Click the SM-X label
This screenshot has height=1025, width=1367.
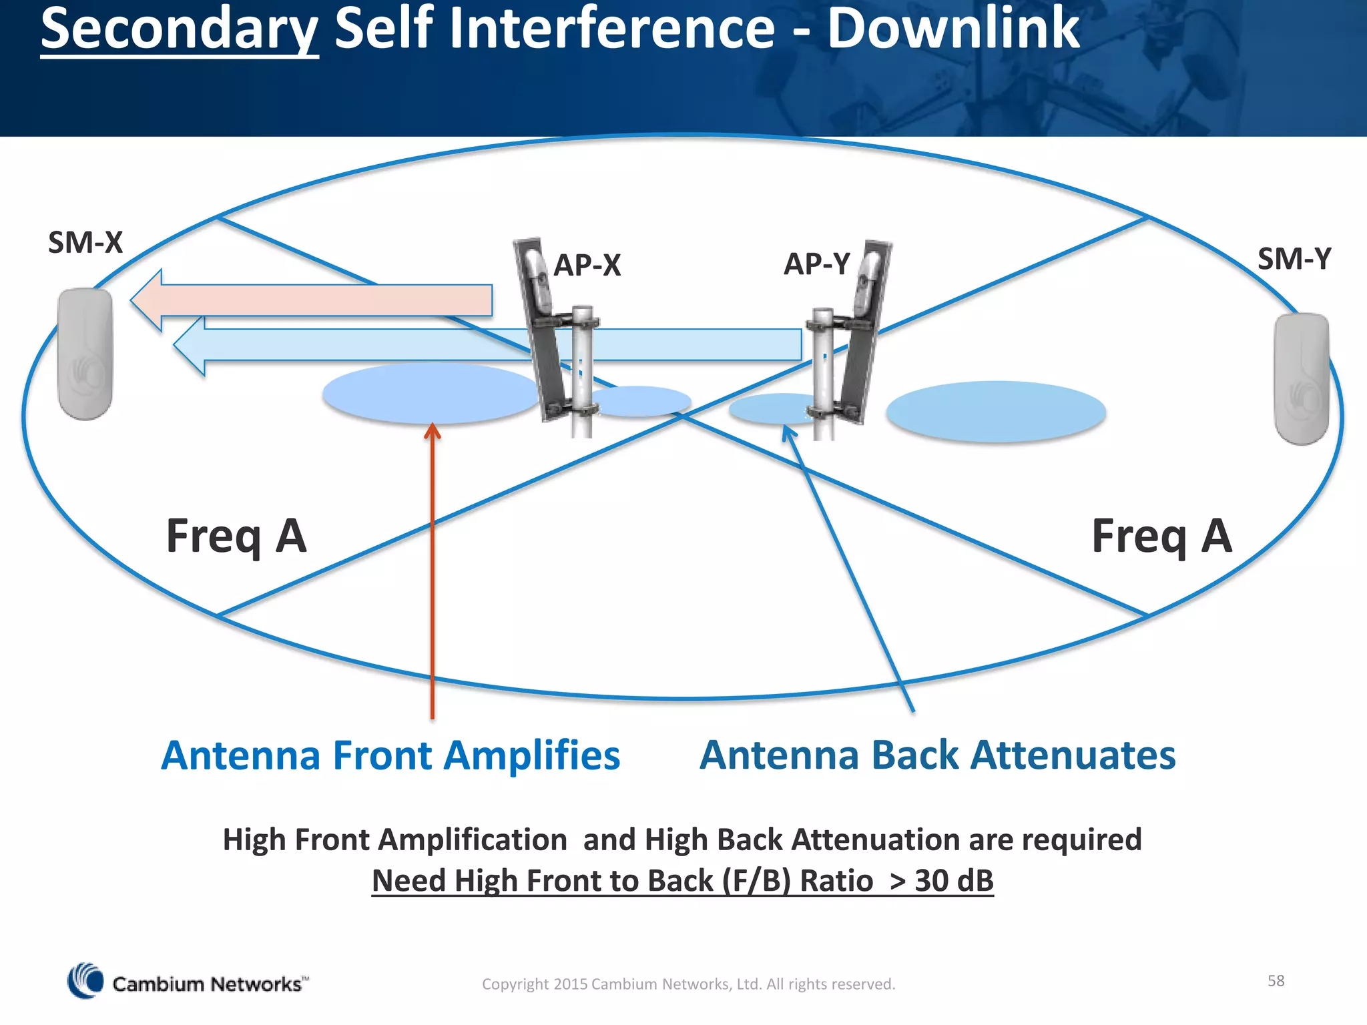pos(85,242)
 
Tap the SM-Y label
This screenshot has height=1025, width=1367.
pos(1294,259)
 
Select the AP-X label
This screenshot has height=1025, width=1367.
pos(587,265)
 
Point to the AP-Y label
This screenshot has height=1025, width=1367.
pos(817,264)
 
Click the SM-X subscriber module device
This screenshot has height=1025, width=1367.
pos(85,353)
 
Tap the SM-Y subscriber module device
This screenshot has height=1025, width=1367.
pos(1301,378)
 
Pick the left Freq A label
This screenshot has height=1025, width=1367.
pos(236,537)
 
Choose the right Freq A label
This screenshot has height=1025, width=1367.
pos(1161,537)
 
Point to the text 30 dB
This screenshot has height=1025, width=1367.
pos(954,880)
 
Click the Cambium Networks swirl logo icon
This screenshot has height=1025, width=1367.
pos(85,981)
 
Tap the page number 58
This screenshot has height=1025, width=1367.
pos(1276,980)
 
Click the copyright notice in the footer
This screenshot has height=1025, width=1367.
pos(688,984)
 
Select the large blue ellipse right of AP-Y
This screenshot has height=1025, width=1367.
pos(996,412)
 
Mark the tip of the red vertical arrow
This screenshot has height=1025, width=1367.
pos(433,425)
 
